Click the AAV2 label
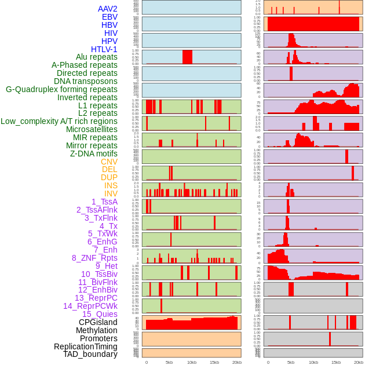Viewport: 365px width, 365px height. tap(107, 9)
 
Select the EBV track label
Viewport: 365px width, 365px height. tap(110, 17)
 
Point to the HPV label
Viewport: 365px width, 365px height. tap(110, 41)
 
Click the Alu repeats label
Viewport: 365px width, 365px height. tap(96, 57)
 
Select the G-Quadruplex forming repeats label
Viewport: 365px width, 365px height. tap(61, 89)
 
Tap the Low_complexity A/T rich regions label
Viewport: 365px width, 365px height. tap(59, 121)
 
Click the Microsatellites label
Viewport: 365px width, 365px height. tap(92, 129)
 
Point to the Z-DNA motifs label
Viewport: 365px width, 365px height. tap(93, 154)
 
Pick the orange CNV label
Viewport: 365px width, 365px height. tap(109, 162)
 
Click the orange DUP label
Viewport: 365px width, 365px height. tap(109, 177)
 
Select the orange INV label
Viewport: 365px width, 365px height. tap(111, 194)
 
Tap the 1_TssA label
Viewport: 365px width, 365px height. tap(104, 202)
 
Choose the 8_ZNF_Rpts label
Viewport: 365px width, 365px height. tap(94, 258)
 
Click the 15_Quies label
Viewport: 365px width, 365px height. tap(99, 314)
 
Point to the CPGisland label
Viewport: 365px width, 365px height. tap(98, 322)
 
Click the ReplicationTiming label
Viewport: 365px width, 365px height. tap(85, 346)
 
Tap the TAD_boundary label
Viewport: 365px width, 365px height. tap(90, 354)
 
